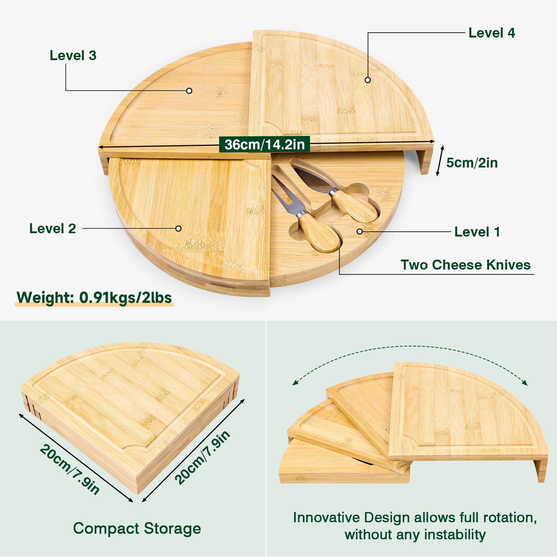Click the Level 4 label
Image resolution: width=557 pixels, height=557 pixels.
coord(492,33)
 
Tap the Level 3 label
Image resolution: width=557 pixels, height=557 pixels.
coord(73,55)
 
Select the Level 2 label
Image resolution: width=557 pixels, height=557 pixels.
coord(53,228)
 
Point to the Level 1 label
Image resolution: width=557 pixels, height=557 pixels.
coord(477,232)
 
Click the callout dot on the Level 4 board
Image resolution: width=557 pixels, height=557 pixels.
coord(368,80)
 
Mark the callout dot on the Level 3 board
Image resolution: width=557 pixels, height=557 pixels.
coord(189,91)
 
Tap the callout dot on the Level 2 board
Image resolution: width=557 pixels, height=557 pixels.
coord(178,228)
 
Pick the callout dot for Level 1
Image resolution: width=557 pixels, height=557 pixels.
coord(359,231)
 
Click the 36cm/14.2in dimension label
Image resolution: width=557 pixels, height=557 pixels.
coord(264,144)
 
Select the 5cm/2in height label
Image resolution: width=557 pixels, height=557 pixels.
coord(472,163)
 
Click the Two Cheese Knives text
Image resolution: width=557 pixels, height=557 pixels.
coord(466,265)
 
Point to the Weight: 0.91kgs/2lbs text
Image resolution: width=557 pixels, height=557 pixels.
coord(94,297)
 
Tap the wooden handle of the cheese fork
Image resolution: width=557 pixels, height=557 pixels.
coord(320,232)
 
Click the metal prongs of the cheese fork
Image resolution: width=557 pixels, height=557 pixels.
coord(287,195)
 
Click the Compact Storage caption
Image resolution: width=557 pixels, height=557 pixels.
coord(137,528)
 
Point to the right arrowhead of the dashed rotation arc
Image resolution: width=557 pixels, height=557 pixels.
coord(524,382)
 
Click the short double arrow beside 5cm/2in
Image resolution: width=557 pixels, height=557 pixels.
coord(440,161)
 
